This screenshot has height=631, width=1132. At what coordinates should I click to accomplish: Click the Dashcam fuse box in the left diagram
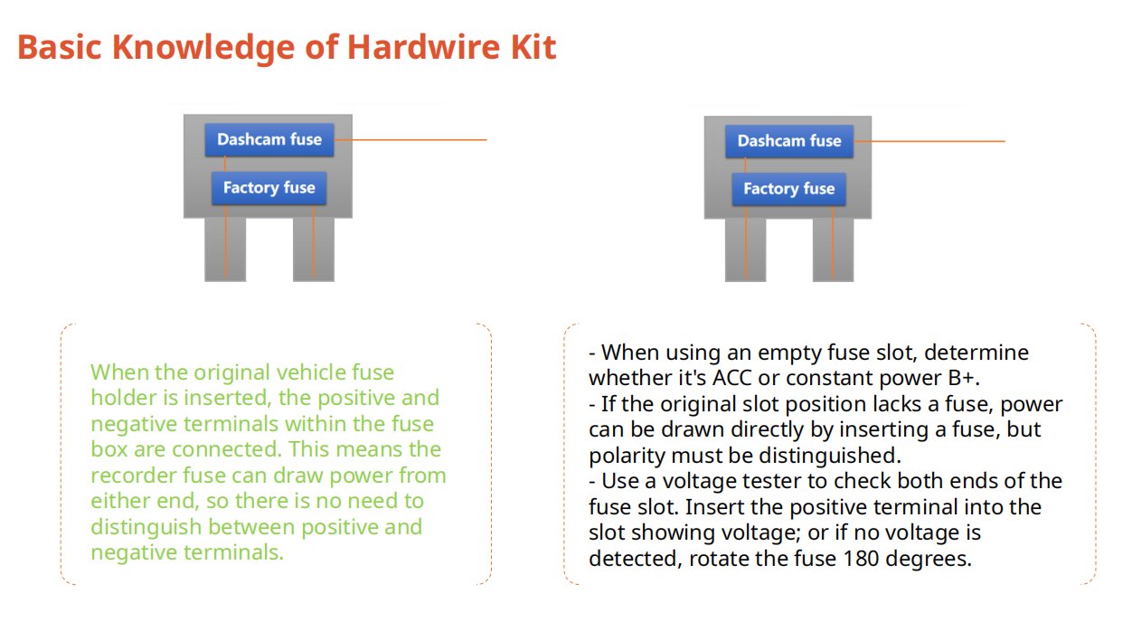coord(269,140)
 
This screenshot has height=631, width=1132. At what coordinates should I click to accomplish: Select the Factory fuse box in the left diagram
coord(269,188)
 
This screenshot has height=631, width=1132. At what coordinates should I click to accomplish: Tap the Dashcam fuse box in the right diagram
coord(788,141)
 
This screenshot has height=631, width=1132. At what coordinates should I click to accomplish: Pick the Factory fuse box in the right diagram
coord(788,189)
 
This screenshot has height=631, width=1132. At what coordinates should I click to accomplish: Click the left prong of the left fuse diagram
coord(225,249)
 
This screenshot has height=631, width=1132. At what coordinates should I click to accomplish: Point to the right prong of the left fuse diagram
coord(313,249)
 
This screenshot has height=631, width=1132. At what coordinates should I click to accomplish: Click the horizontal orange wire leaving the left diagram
coord(416,140)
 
